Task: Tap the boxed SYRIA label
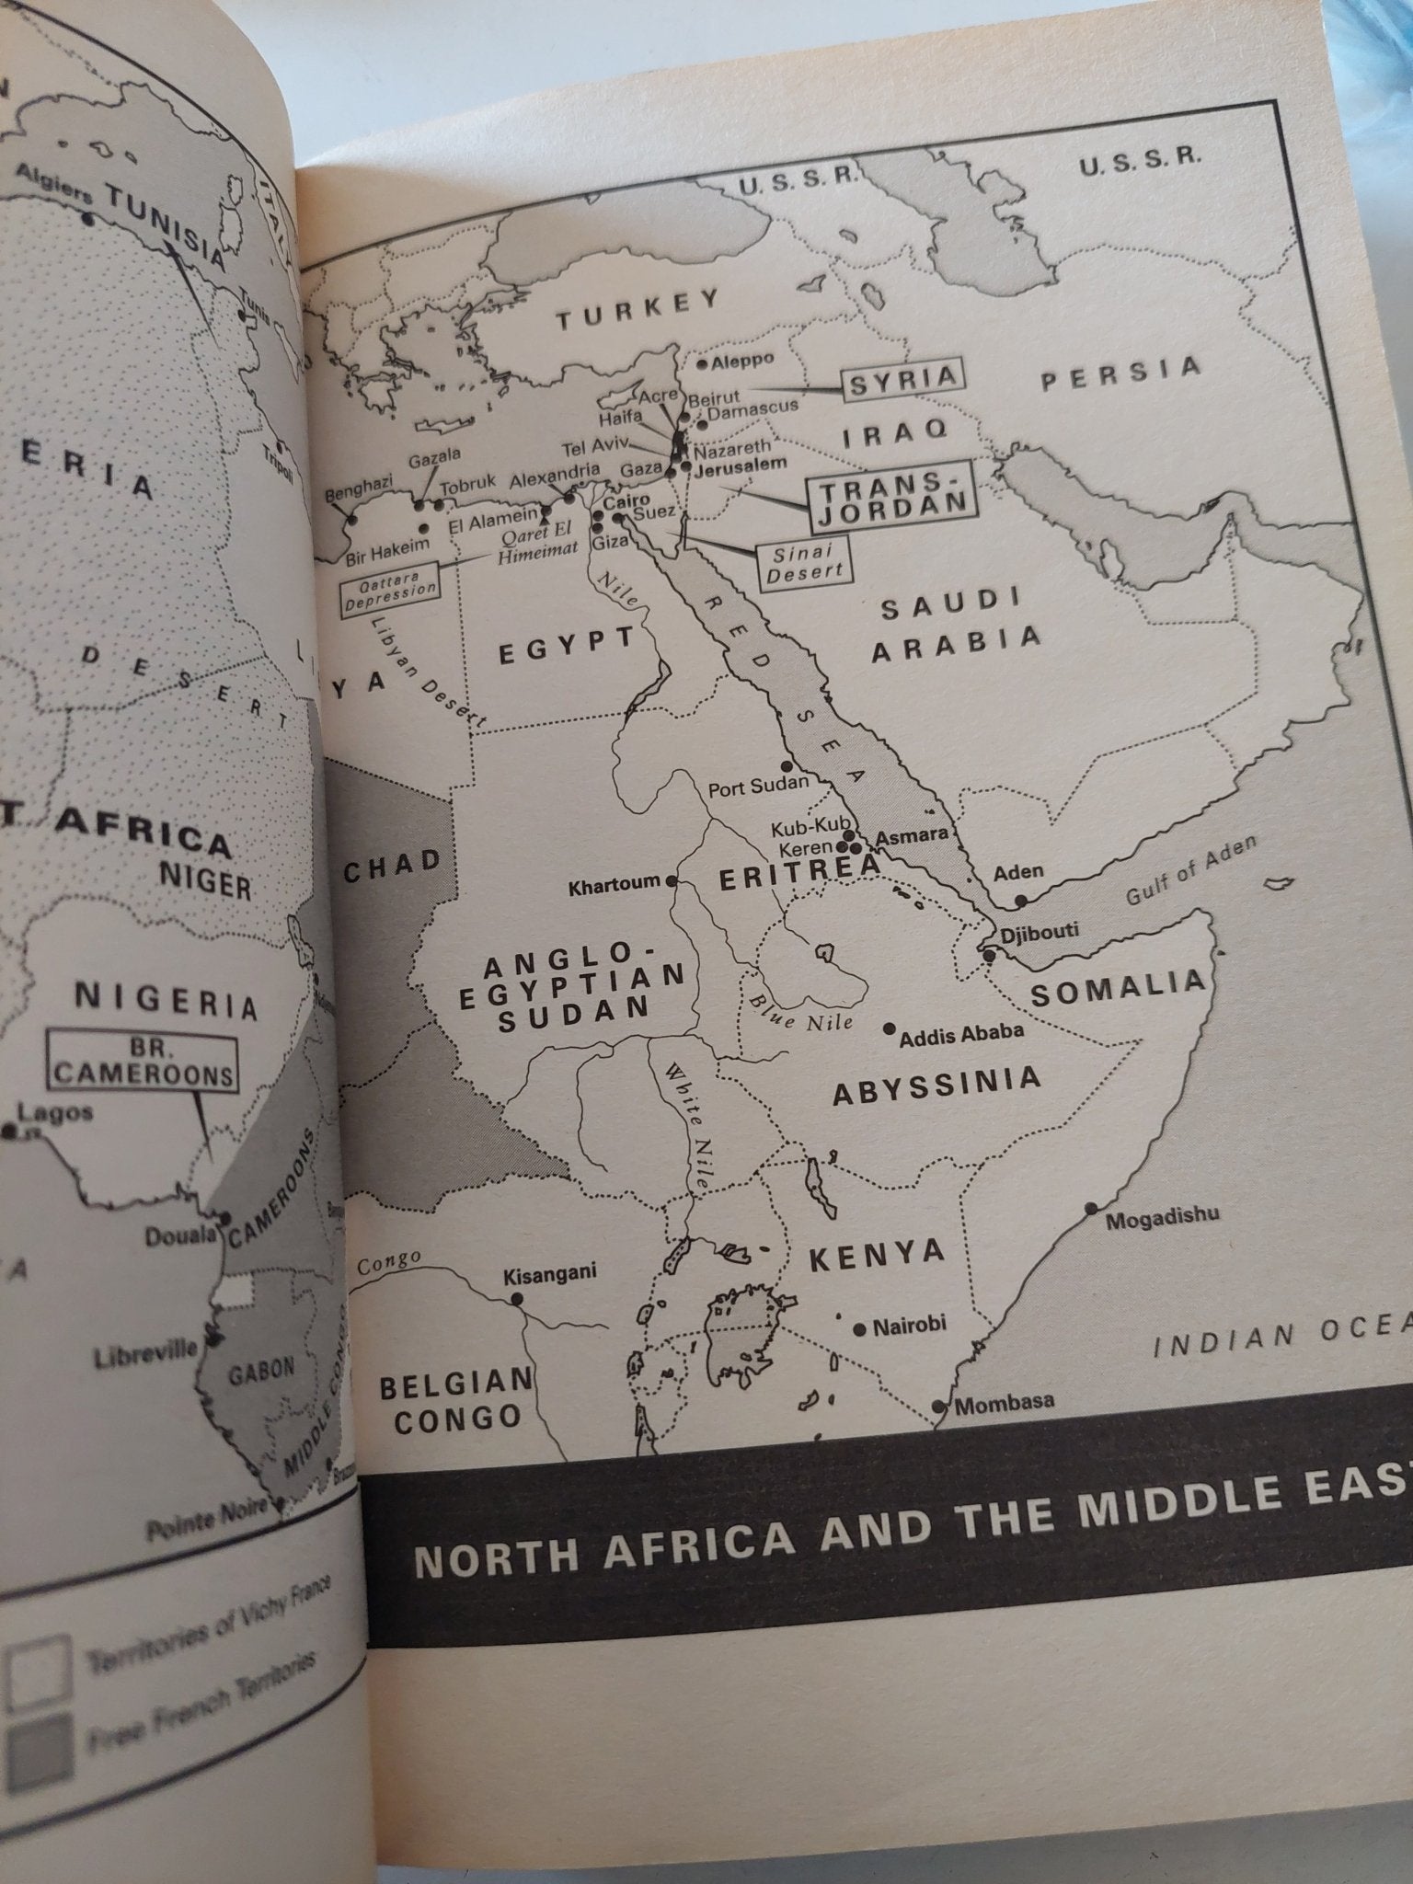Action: point(903,380)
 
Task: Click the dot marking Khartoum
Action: point(672,880)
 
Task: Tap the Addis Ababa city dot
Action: point(890,1028)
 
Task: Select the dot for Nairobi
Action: point(859,1329)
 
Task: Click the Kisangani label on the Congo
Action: point(549,1272)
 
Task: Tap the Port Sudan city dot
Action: point(787,765)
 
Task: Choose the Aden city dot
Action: point(1019,901)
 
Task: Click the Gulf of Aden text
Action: point(1192,872)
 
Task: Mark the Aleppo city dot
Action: point(703,364)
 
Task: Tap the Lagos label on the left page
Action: point(55,1113)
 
